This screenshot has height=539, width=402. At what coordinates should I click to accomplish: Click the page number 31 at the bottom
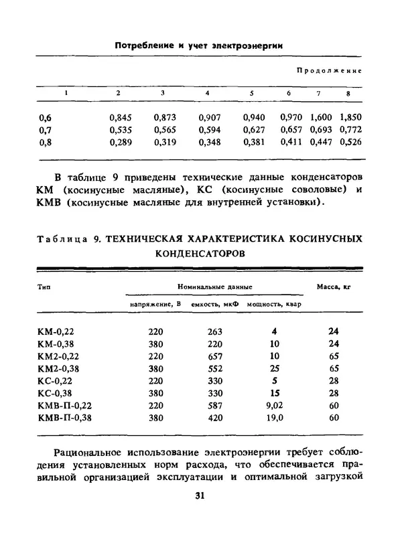tap(200, 496)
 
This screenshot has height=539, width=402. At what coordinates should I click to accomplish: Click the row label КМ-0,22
tap(59, 331)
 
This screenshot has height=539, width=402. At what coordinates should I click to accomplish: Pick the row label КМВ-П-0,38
tap(65, 417)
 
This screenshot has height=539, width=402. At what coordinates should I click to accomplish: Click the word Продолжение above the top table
tap(329, 70)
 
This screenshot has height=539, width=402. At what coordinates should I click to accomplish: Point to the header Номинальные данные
tap(214, 287)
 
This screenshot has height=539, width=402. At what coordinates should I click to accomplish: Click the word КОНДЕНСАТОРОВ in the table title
tap(200, 254)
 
